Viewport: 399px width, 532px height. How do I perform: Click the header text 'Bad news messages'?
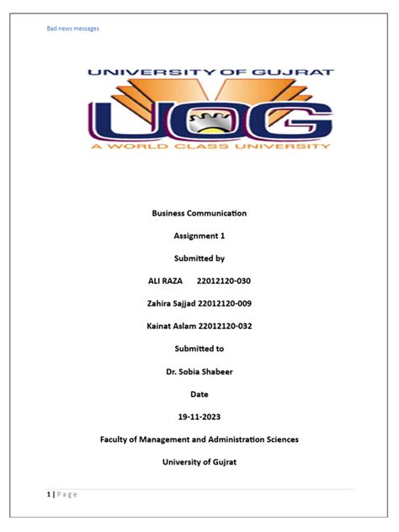pos(72,29)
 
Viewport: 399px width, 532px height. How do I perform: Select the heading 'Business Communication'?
pos(199,213)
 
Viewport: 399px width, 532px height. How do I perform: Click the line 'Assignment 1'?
pos(199,236)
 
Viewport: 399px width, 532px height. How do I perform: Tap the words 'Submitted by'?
pos(199,258)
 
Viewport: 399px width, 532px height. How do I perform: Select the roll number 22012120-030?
pos(222,280)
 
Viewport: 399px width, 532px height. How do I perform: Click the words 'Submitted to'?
pos(199,348)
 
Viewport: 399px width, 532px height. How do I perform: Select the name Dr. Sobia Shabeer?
pos(199,371)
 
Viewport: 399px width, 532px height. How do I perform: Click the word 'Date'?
pos(199,394)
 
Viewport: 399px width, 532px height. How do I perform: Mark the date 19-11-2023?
pos(199,417)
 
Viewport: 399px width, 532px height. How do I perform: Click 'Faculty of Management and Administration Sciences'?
pos(199,439)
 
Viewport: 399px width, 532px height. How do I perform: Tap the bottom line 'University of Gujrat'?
pos(199,462)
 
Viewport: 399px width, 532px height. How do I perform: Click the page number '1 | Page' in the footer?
pos(61,494)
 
